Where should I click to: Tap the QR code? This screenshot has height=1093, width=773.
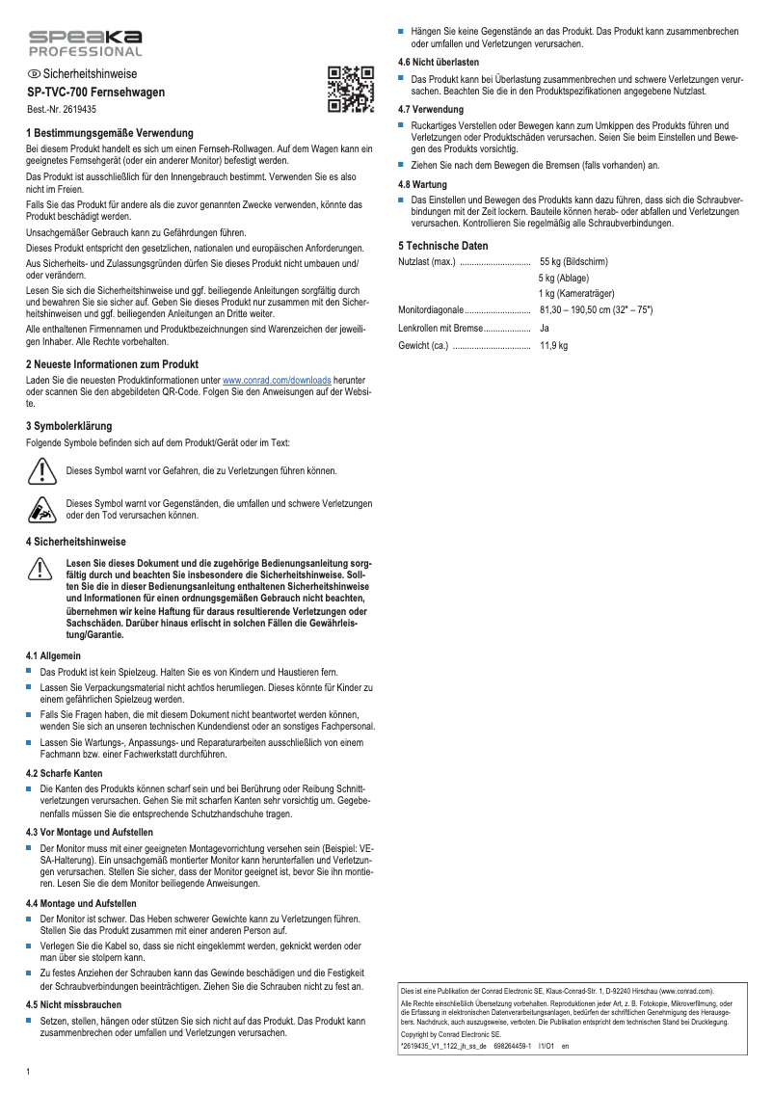[350, 90]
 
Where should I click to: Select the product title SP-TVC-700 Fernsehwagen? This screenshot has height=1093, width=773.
[95, 93]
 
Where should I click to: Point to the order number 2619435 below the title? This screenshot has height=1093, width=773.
[62, 110]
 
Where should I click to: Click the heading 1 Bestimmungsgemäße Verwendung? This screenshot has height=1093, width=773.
[109, 133]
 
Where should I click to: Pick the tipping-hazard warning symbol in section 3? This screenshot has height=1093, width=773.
[40, 509]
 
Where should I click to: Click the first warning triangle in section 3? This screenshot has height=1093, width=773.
[40, 470]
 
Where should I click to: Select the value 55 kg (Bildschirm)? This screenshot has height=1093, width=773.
[573, 262]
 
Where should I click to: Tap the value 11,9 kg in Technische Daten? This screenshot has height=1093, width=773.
[553, 344]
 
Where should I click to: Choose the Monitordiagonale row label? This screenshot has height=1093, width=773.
[431, 310]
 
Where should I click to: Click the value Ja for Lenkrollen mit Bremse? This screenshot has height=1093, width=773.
[545, 328]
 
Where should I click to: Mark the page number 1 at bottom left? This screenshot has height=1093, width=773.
[28, 1072]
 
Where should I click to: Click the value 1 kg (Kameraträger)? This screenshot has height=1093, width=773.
[576, 294]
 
